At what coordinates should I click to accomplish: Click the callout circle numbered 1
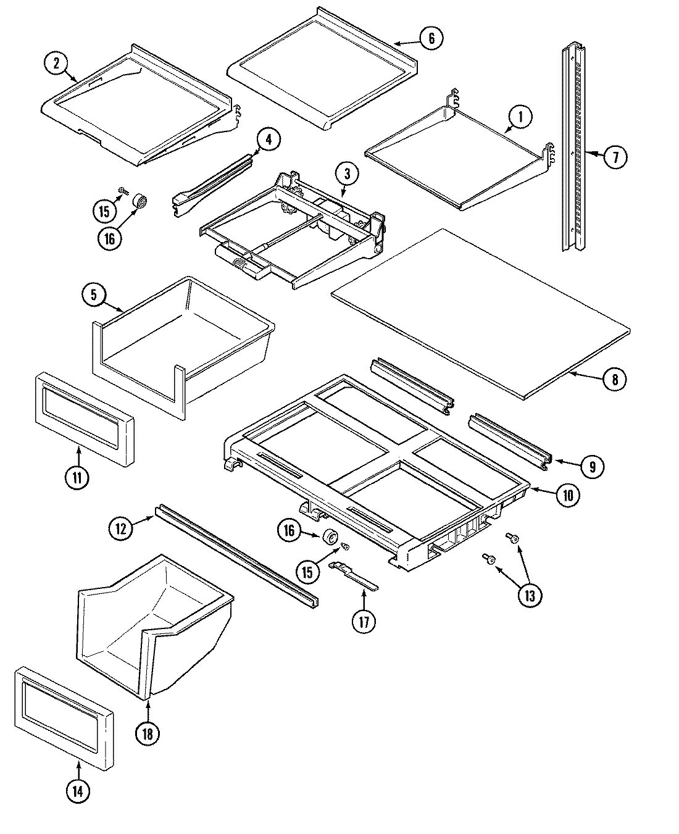pyautogui.click(x=520, y=116)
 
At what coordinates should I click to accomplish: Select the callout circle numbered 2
pyautogui.click(x=56, y=63)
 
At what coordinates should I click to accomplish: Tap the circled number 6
pyautogui.click(x=431, y=38)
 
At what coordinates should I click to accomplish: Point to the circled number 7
pyautogui.click(x=615, y=157)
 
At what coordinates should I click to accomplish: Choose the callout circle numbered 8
pyautogui.click(x=614, y=379)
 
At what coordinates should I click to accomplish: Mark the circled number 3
pyautogui.click(x=348, y=175)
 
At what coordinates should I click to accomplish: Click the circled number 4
pyautogui.click(x=268, y=140)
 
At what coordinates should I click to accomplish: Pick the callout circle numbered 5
pyautogui.click(x=94, y=295)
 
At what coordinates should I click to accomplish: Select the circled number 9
pyautogui.click(x=592, y=467)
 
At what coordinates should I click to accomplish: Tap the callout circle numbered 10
pyautogui.click(x=567, y=494)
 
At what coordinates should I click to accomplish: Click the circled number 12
pyautogui.click(x=121, y=528)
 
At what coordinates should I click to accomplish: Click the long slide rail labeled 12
pyautogui.click(x=235, y=553)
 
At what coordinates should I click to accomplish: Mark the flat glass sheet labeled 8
pyautogui.click(x=481, y=315)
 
